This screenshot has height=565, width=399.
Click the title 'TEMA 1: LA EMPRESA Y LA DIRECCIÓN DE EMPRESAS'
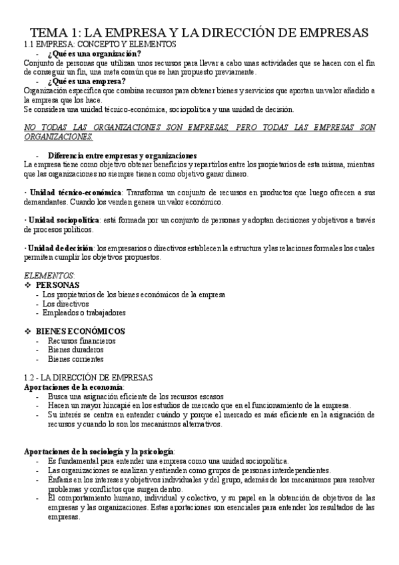[x=199, y=33]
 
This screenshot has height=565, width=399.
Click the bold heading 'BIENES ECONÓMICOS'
[x=81, y=331]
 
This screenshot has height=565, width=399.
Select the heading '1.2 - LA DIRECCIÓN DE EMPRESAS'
[x=89, y=377]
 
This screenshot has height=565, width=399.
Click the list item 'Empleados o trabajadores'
[x=84, y=312]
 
